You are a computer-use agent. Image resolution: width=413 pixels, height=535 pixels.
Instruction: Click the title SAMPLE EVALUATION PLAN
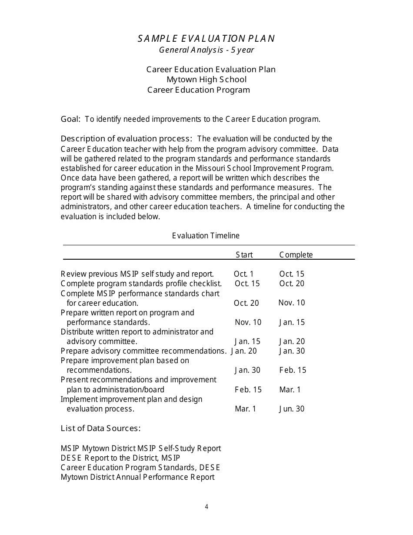pos(206,39)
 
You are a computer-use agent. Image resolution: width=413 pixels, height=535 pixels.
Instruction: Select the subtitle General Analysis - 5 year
pos(206,50)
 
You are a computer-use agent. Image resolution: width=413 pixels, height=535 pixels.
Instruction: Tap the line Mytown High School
pos(206,80)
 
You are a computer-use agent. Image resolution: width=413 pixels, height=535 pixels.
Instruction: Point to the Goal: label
pos(70,119)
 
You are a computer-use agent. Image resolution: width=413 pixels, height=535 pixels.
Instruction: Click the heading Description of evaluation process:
pos(126,139)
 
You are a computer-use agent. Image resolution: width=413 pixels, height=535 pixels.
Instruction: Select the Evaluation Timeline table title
pos(206,236)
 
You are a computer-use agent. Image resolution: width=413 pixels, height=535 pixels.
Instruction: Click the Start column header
pos(244,255)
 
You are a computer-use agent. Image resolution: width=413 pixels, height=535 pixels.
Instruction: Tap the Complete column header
pos(296,255)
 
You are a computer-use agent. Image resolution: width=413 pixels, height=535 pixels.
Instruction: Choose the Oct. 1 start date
pos(243,274)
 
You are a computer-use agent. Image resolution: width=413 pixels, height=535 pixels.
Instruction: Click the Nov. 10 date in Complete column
pos(292,303)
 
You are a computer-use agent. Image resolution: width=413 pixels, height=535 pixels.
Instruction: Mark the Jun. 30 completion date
pos(292,409)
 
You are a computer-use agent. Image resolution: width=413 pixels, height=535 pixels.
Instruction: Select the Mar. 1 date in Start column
pos(246,409)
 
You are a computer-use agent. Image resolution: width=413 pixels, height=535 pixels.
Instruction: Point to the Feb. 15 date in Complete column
pos(293,370)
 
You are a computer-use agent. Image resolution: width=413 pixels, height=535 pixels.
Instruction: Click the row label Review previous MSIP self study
pos(137,274)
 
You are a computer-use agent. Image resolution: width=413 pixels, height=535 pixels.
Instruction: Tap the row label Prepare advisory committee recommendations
pos(143,351)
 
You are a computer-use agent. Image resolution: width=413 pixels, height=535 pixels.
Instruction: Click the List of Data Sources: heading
pos(100,428)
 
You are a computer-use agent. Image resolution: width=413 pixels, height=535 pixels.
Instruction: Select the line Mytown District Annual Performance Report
pos(137,477)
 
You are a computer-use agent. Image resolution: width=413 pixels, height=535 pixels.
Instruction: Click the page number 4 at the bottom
pos(206,507)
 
